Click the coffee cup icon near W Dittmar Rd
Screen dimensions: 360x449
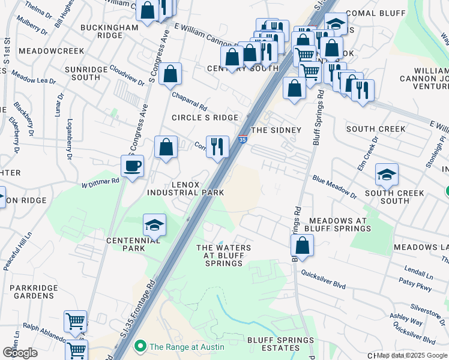(132, 166)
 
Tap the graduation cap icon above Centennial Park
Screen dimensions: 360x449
(154, 225)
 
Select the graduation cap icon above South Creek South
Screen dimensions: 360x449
(387, 174)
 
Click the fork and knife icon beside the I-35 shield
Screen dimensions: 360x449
(217, 146)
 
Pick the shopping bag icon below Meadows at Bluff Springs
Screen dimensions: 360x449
(302, 245)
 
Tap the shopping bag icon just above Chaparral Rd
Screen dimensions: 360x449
(170, 74)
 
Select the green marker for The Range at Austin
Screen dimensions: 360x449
(140, 346)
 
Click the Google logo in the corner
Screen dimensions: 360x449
(20, 353)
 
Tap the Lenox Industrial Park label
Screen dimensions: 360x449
(185, 188)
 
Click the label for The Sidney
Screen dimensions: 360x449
(276, 130)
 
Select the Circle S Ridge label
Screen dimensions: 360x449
(205, 118)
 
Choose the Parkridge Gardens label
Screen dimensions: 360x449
(34, 292)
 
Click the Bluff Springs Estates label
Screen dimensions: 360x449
(280, 344)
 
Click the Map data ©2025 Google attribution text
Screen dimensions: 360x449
(412, 355)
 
